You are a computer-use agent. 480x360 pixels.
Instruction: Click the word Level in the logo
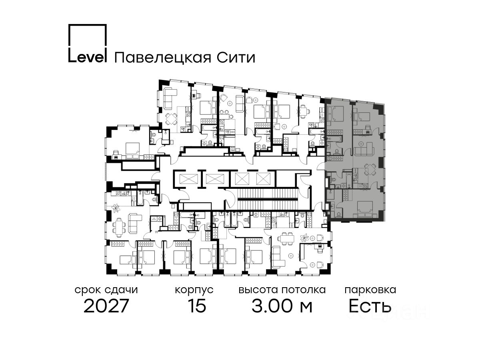(x=87, y=58)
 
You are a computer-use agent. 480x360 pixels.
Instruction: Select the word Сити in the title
(x=236, y=58)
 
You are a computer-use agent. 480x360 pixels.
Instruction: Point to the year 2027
(x=106, y=306)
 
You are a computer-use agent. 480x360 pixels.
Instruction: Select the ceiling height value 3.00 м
(x=282, y=306)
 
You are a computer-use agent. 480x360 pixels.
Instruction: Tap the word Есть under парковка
(x=370, y=306)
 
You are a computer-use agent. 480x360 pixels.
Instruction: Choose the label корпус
(x=194, y=290)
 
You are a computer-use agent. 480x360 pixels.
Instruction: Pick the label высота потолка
(x=282, y=290)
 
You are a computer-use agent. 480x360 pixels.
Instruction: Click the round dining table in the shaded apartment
(x=368, y=171)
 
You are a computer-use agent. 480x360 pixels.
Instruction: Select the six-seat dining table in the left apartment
(x=120, y=226)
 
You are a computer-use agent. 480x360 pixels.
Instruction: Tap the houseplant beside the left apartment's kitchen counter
(x=116, y=208)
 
